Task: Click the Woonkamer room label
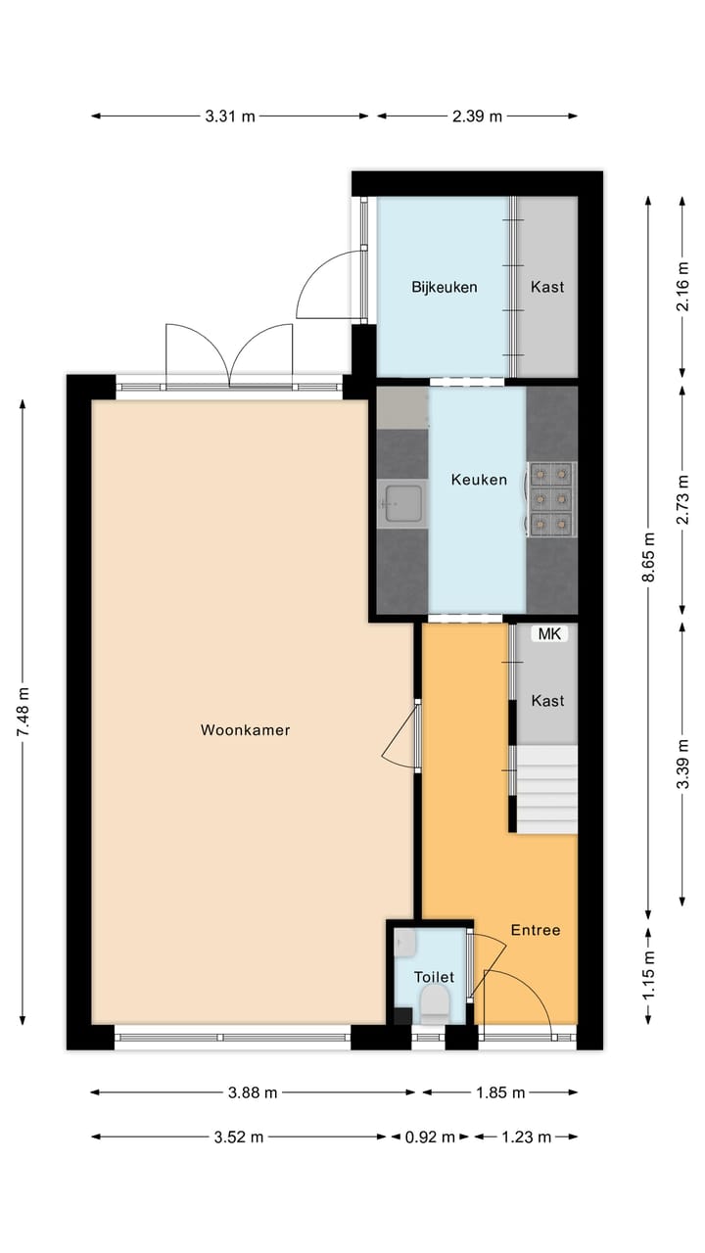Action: click(x=245, y=729)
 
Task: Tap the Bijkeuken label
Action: click(x=444, y=287)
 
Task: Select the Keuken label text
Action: click(x=479, y=480)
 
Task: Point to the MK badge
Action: click(x=549, y=634)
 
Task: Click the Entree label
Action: click(x=536, y=930)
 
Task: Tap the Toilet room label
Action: click(x=433, y=977)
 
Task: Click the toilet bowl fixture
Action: click(x=434, y=1003)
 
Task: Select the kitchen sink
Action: click(x=402, y=504)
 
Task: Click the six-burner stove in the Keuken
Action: click(x=551, y=499)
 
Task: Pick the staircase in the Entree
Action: click(x=546, y=789)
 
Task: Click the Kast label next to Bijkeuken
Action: click(x=547, y=287)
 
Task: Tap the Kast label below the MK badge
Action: click(x=547, y=701)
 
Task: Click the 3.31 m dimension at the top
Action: click(x=230, y=116)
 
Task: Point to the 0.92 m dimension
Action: click(x=431, y=1137)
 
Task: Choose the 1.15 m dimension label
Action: click(x=647, y=976)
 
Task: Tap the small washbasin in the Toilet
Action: click(x=405, y=944)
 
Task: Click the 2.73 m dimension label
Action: click(x=682, y=500)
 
